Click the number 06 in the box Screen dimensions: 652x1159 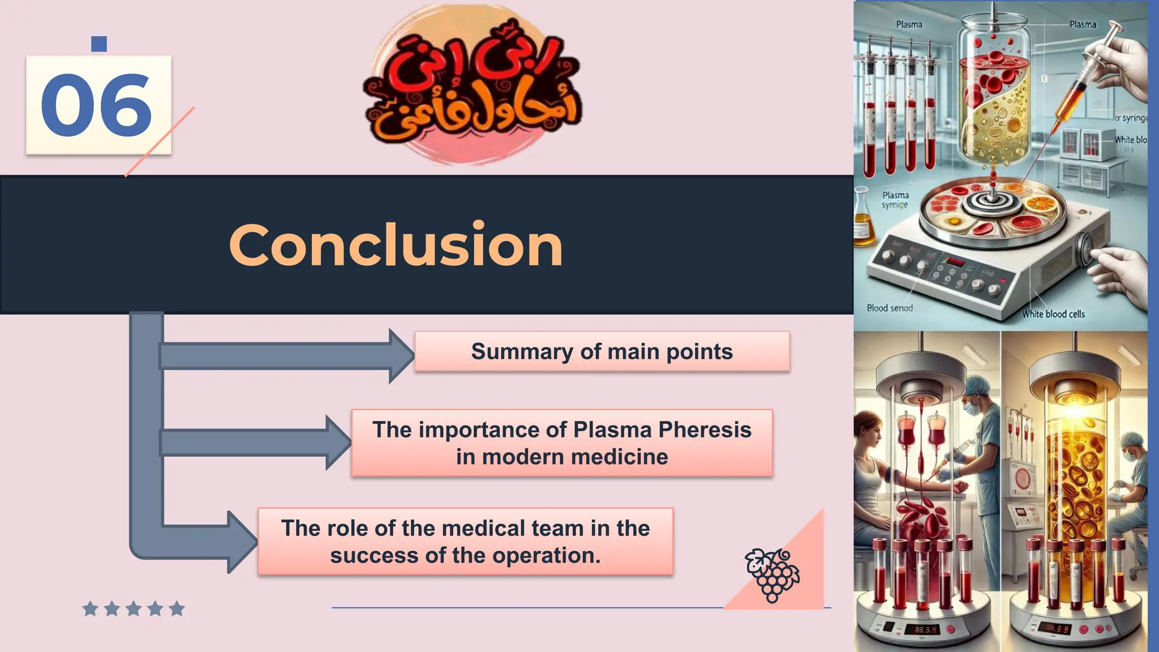[x=96, y=106]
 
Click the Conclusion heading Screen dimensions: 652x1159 [x=396, y=244]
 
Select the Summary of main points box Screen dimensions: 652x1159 [x=602, y=351]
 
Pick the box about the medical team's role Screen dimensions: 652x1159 [x=465, y=542]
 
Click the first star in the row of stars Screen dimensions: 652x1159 [x=90, y=609]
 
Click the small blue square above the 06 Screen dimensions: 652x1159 [x=99, y=44]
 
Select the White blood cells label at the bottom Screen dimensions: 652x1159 [x=1053, y=314]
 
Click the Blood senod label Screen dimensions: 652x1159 [x=890, y=308]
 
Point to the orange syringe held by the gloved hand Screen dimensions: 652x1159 [x=1078, y=91]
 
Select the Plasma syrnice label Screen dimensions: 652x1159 [x=895, y=200]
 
